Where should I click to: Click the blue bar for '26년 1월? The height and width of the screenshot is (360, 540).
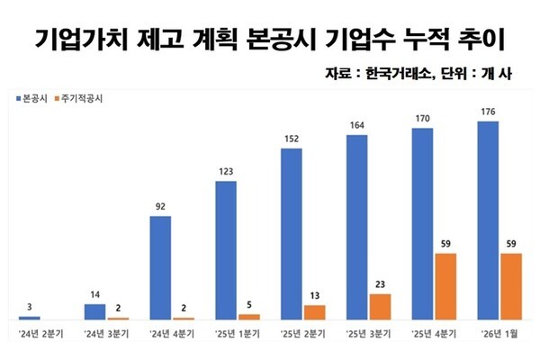(488, 220)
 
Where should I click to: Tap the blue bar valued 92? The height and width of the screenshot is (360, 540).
(160, 267)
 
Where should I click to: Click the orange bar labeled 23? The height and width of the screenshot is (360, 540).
(380, 306)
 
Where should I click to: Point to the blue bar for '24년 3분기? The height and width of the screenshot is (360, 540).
(95, 311)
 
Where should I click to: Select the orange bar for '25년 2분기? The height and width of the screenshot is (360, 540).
(314, 312)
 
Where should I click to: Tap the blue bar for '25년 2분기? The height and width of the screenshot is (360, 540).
(292, 234)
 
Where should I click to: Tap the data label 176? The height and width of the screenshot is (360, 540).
(488, 112)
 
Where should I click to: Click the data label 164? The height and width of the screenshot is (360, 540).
(357, 126)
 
